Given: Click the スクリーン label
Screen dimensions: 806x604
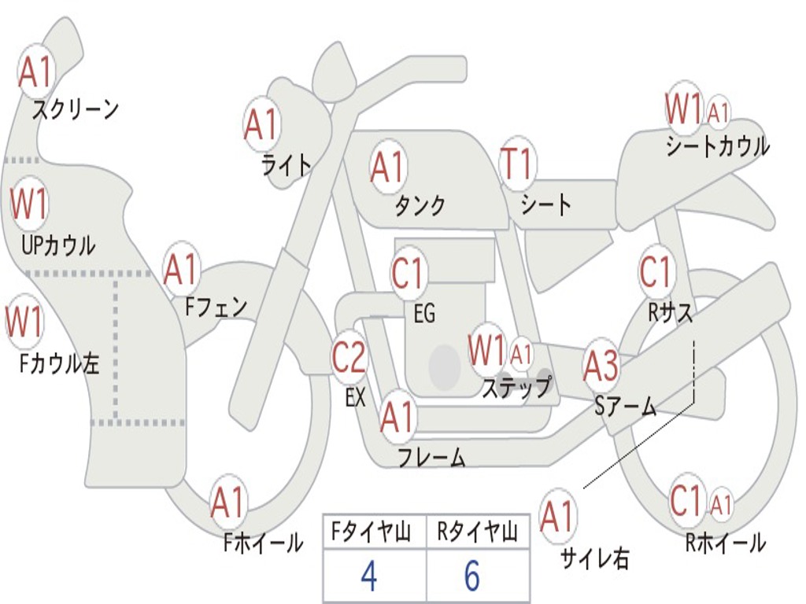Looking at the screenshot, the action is [x=75, y=109].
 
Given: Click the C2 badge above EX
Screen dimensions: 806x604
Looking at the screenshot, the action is [x=349, y=359].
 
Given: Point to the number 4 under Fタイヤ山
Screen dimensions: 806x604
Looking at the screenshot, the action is [x=368, y=576].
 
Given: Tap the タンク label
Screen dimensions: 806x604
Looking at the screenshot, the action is [x=420, y=205].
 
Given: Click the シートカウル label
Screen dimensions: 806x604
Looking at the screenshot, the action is [x=717, y=146].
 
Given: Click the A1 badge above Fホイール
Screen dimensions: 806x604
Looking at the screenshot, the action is [x=228, y=503].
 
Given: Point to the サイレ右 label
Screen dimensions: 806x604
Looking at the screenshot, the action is [x=595, y=558].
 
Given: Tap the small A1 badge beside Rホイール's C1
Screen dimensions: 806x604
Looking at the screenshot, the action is [x=721, y=503].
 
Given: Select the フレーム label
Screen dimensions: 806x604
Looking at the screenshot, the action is [x=431, y=457].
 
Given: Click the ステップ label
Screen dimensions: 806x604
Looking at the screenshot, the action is [x=516, y=388].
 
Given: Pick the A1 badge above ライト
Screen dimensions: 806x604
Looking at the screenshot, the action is [x=262, y=124].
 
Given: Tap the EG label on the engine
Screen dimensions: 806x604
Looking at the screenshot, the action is [x=424, y=314].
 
